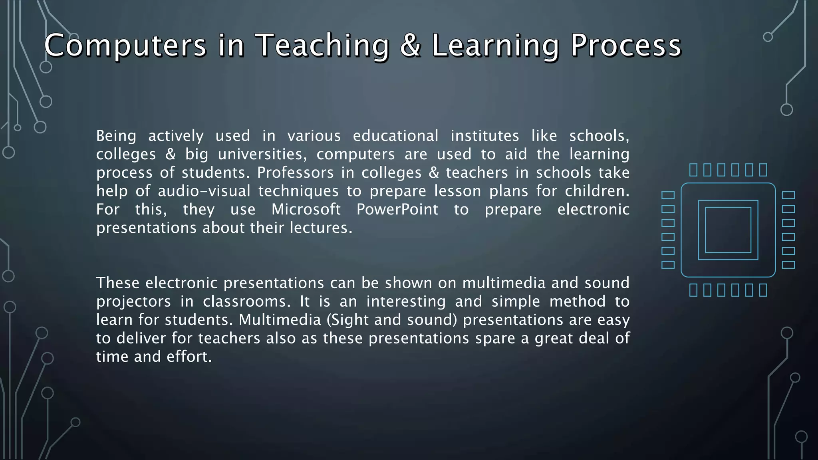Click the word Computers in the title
pos(125,45)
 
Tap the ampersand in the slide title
pos(410,45)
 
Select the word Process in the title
pos(625,45)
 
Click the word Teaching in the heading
pos(322,45)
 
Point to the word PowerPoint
pos(397,210)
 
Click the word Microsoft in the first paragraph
pos(306,210)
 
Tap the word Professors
pos(295,173)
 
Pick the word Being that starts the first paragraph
pos(116,136)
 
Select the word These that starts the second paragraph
pos(117,283)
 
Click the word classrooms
pos(246,301)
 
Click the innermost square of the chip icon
pos(728,230)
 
